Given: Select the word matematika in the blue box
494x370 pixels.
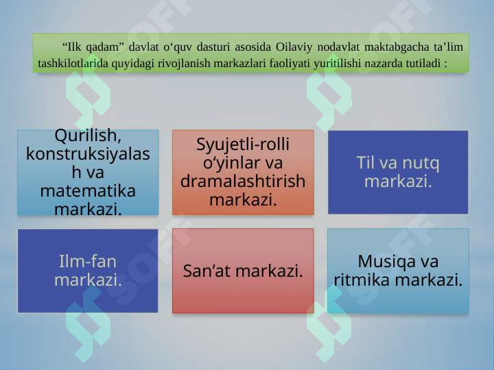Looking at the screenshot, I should pyautogui.click(x=88, y=190).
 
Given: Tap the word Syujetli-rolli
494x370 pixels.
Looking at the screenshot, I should pyautogui.click(x=243, y=145).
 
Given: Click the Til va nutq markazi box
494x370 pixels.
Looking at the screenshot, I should pyautogui.click(x=398, y=173).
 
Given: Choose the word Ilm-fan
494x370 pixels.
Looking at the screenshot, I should pyautogui.click(x=88, y=262).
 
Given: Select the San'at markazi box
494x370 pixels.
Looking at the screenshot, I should pyautogui.click(x=243, y=271).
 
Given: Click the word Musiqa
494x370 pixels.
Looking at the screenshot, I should pyautogui.click(x=398, y=262).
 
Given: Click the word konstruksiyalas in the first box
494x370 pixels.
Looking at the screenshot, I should pyautogui.click(x=88, y=153).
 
